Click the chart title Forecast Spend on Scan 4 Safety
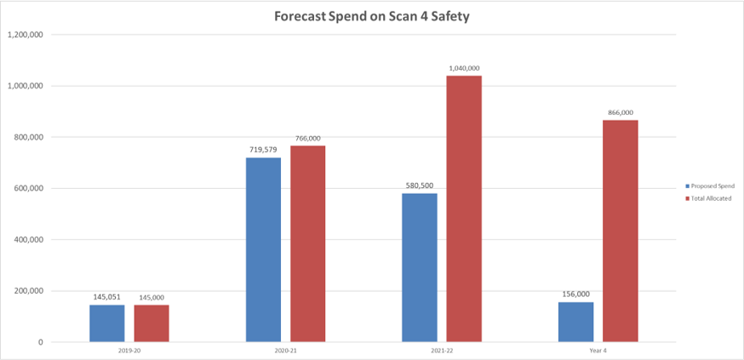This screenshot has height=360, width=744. (x=371, y=15)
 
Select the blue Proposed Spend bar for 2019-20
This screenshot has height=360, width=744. (x=107, y=323)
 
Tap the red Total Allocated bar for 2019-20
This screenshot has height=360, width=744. (x=151, y=323)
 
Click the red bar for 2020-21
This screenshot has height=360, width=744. (x=307, y=243)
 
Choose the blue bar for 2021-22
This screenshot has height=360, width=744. (x=420, y=267)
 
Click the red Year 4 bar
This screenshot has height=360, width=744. (x=621, y=231)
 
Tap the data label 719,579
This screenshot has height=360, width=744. (x=263, y=150)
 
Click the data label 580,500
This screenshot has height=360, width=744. (x=420, y=186)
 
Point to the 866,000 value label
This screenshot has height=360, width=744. (x=621, y=112)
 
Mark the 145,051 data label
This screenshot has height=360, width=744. (x=107, y=298)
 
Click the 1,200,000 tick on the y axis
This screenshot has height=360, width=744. (x=25, y=35)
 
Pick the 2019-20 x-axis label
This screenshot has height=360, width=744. (x=129, y=351)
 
